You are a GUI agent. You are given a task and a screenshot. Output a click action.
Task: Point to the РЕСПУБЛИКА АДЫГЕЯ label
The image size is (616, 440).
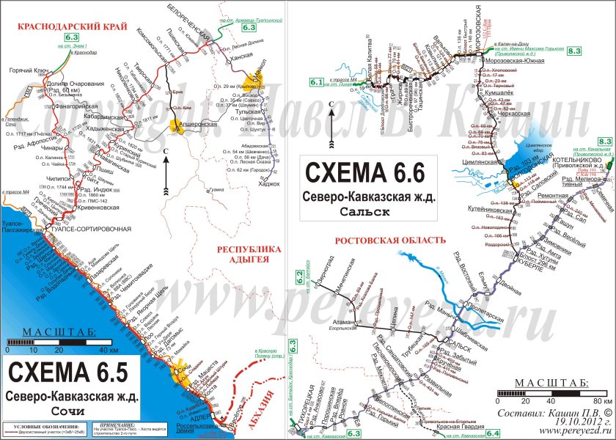pos(250,254)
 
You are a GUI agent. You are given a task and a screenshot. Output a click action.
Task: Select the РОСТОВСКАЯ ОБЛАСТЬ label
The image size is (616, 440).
pos(390,240)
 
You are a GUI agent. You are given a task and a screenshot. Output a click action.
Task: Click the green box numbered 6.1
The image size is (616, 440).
pos(317,82)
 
